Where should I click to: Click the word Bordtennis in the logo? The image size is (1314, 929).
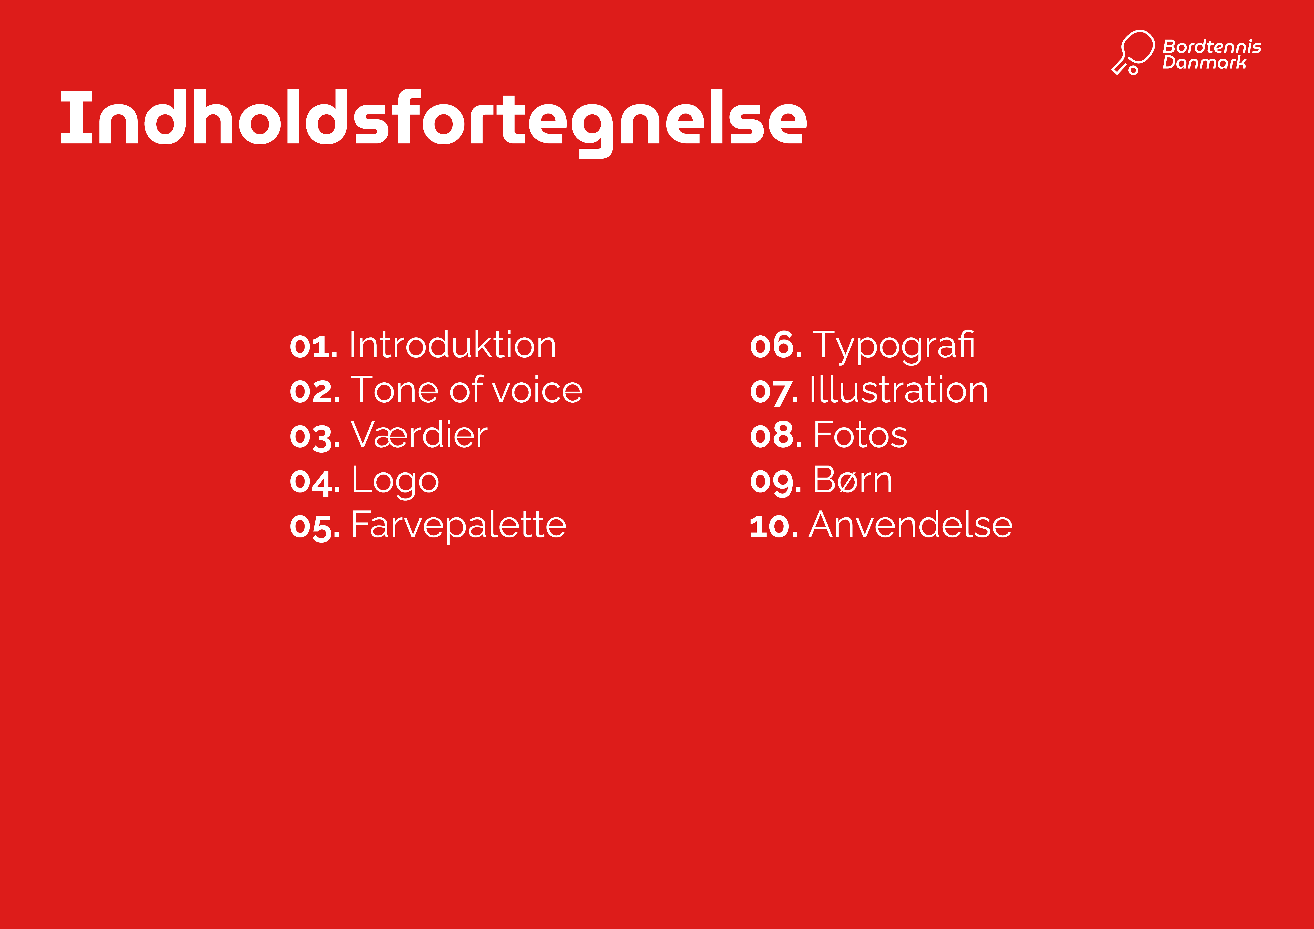point(1212,46)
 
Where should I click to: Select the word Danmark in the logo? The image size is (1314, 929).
point(1204,62)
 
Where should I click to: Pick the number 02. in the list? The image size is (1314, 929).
point(315,392)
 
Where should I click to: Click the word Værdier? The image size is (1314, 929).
point(419,435)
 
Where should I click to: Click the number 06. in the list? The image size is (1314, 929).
point(776,346)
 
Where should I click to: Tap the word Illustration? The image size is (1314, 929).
point(899,390)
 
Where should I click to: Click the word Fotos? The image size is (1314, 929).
point(860,435)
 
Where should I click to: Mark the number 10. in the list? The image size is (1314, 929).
point(774,526)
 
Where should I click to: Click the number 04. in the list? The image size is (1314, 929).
point(315,481)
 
